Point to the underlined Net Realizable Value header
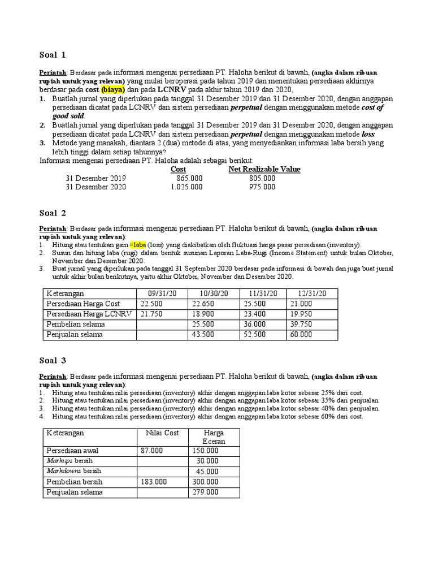[264, 169]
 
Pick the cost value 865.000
[189, 178]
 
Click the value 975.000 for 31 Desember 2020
[262, 187]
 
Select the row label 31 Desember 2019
[96, 178]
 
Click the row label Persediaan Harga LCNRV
[89, 314]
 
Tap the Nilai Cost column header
[163, 433]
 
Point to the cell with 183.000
[154, 482]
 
